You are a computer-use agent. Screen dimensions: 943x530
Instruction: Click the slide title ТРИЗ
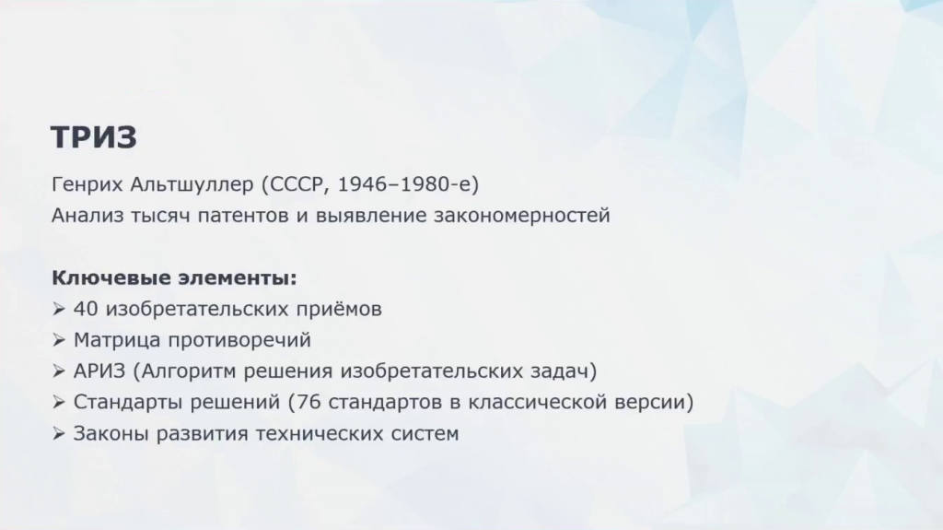94,136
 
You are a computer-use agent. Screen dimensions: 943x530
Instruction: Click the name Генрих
87,184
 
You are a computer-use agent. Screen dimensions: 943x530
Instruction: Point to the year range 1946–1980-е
405,184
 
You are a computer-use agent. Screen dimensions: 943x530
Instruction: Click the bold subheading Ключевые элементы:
174,278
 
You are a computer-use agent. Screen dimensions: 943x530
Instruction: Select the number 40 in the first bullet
86,309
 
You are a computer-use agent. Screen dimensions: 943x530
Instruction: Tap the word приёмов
339,309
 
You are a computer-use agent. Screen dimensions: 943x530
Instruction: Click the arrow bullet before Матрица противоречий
58,340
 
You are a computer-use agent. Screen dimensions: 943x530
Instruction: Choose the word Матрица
117,340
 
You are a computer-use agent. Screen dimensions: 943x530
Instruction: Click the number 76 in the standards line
309,402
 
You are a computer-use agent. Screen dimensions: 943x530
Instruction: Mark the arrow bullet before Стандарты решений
58,402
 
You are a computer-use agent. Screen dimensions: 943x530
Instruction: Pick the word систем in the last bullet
425,433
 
